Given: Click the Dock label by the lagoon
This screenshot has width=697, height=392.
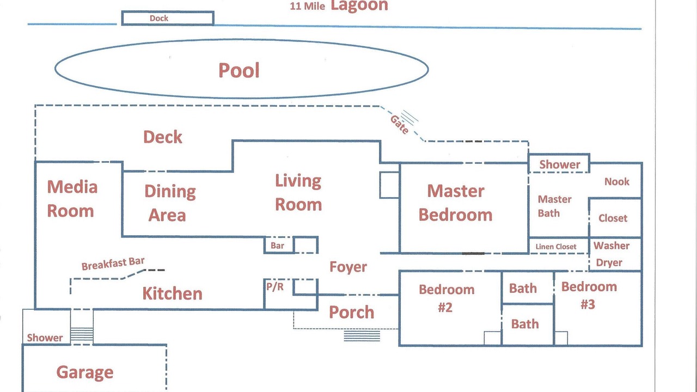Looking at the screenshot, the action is pos(158,19).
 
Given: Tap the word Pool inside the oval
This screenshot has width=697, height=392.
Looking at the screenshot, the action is pos(239,70).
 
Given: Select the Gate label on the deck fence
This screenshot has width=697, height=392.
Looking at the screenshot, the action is pos(400,125).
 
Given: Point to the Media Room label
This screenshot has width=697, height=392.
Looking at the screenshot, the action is pos(72,199).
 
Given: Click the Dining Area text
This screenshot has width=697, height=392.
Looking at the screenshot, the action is pos(169,204).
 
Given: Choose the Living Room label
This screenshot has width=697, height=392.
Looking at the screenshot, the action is pos(298,193).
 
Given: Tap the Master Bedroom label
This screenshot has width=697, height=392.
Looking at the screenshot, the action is pos(456,203).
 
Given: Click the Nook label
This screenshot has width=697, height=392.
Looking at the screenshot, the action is pos(617,181).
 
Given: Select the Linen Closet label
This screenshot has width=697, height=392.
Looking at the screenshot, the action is pos(556,247).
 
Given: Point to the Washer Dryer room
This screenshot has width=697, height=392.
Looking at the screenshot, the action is pos(615,254).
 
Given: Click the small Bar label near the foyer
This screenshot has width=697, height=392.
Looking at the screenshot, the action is pos(277,246).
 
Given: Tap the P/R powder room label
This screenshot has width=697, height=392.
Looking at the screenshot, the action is pos(275,286).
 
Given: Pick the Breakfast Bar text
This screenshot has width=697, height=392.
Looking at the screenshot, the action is pos(113,264).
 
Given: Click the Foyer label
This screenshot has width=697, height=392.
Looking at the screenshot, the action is pos(348,267).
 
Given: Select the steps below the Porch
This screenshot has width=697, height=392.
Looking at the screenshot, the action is pos(362,336).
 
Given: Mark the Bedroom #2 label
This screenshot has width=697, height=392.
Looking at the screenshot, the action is pos(447,298).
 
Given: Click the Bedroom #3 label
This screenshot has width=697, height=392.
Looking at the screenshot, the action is pos(589,296).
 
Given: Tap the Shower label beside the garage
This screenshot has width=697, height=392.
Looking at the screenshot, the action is pos(45,338).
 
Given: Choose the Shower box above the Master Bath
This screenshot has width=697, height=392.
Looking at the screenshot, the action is pos(559,163).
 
